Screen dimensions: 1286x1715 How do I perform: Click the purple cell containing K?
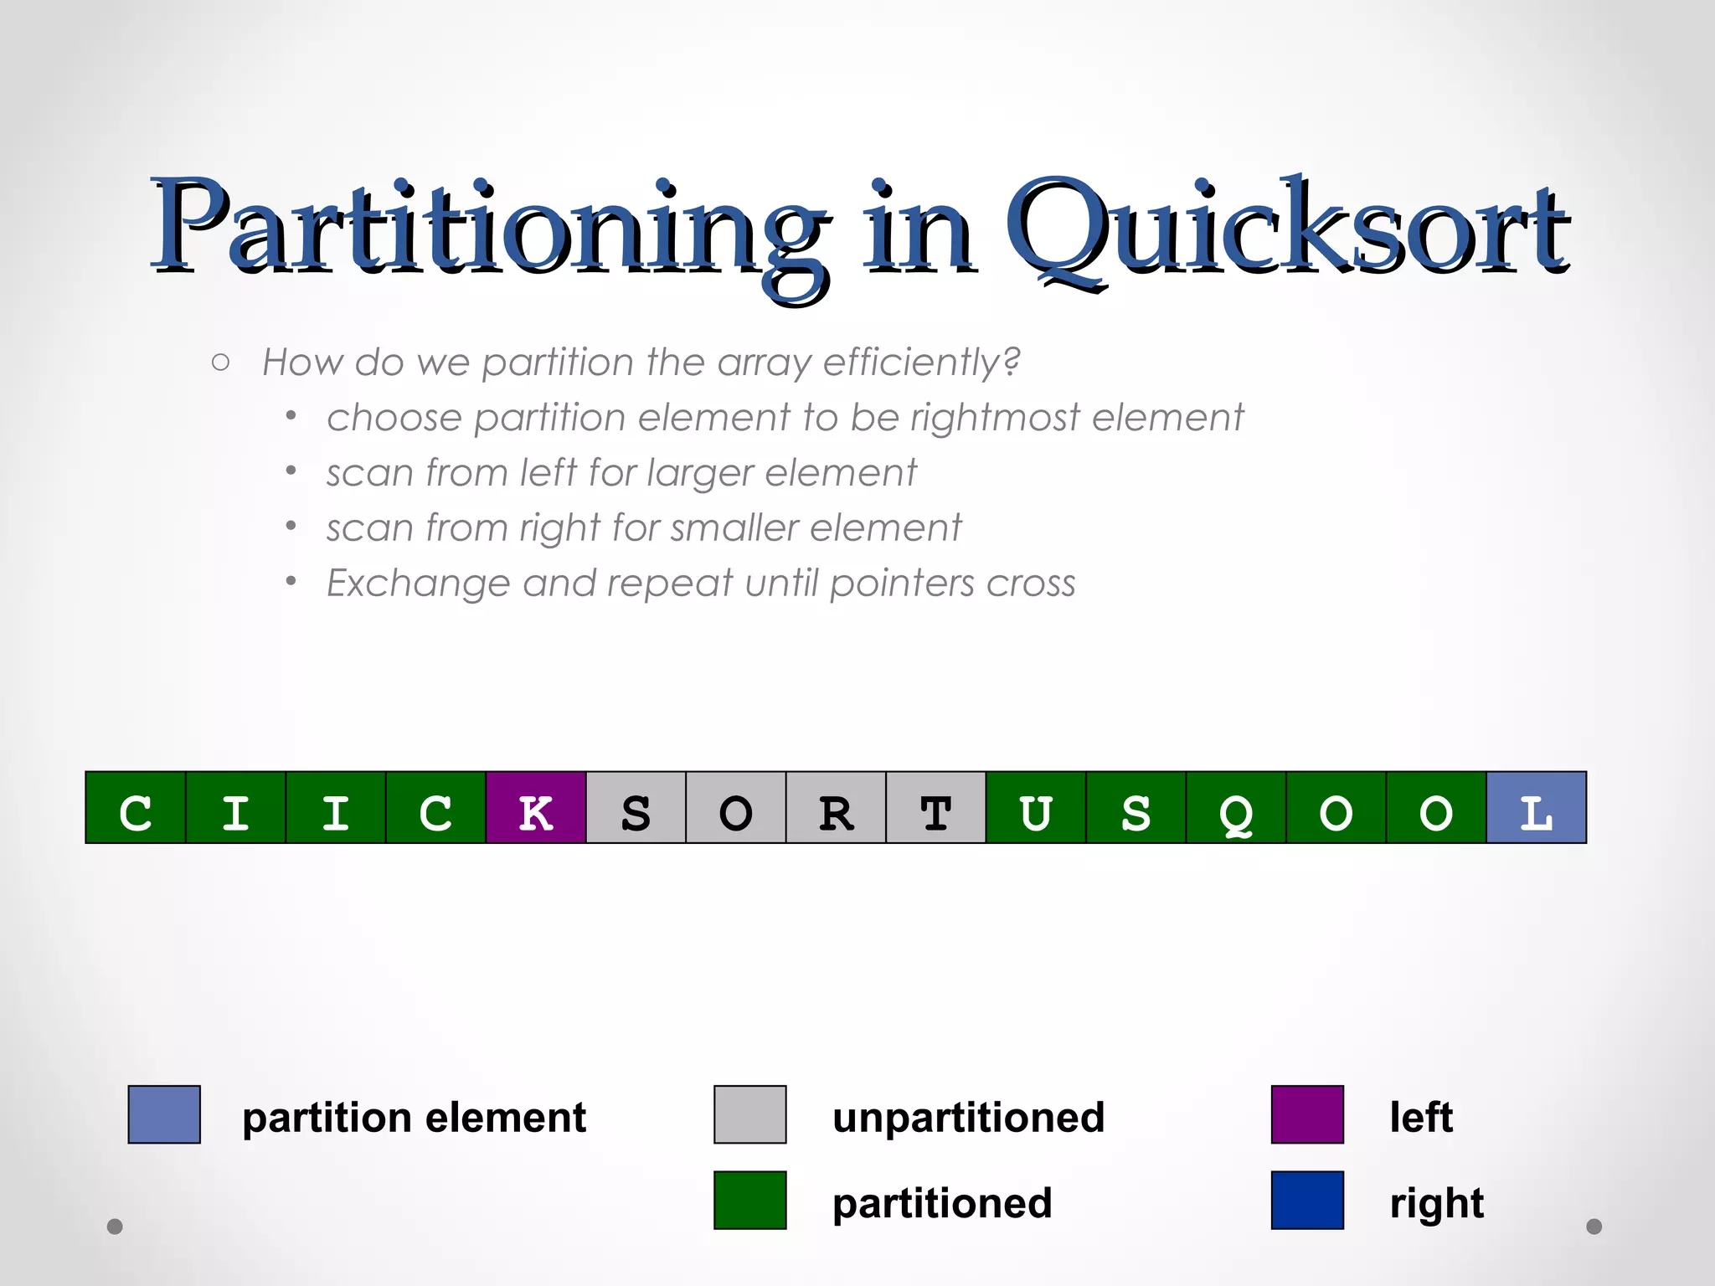(536, 808)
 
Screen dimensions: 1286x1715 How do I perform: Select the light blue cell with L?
(1536, 808)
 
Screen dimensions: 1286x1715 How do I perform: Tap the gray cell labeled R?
(836, 808)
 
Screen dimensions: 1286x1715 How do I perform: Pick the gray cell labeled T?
(935, 808)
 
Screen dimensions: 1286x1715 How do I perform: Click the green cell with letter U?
(1036, 808)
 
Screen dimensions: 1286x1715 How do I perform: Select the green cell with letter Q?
(1236, 808)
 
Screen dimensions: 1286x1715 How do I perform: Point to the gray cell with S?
(636, 808)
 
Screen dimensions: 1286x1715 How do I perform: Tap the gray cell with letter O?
(736, 808)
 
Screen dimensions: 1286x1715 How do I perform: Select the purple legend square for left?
(1307, 1114)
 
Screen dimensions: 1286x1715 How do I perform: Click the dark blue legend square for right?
(1307, 1200)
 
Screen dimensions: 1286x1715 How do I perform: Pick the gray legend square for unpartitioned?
(749, 1114)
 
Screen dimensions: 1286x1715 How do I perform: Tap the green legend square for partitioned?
(749, 1200)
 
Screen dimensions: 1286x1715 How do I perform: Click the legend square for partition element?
(164, 1114)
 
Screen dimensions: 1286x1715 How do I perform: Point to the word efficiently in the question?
(921, 363)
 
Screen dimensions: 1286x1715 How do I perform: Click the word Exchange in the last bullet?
(417, 584)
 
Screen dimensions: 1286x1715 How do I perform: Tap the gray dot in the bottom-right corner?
(1594, 1227)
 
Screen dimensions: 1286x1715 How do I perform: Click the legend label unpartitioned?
(968, 1118)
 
